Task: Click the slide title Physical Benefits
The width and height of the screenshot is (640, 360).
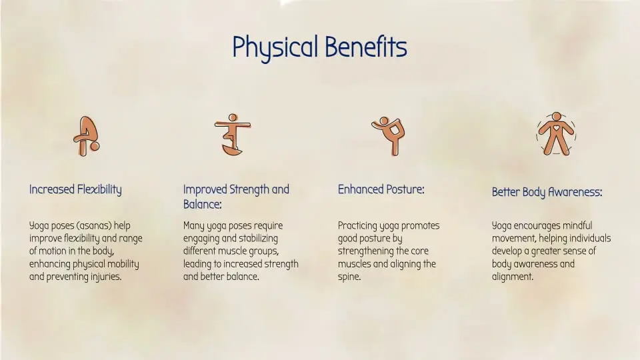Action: (319, 47)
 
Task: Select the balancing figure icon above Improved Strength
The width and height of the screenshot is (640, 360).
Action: (232, 135)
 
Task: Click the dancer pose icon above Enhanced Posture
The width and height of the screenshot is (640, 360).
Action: (388, 135)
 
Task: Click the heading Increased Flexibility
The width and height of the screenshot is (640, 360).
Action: (75, 189)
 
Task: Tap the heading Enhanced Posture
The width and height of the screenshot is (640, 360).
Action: (381, 189)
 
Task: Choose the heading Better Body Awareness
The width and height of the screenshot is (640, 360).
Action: (547, 193)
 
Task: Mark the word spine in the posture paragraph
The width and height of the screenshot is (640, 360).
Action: (349, 277)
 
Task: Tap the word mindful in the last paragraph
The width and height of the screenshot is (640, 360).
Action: (574, 226)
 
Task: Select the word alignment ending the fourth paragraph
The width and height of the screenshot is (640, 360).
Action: (512, 277)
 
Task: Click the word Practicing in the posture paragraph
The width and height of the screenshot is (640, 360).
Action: (359, 226)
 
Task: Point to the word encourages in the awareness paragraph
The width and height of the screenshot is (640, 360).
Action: (537, 226)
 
